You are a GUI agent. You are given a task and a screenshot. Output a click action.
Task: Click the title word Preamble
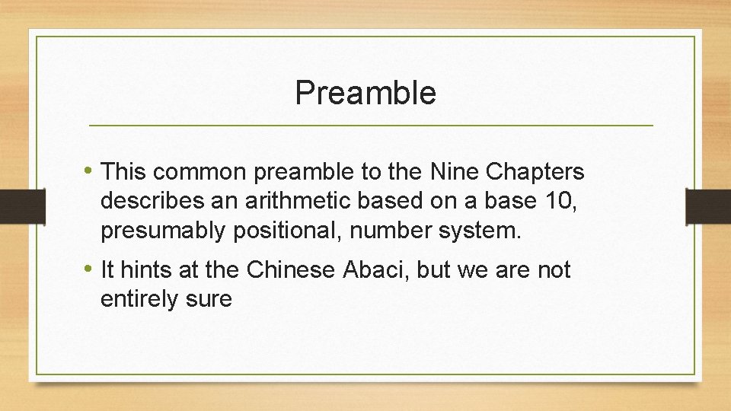pyautogui.click(x=365, y=93)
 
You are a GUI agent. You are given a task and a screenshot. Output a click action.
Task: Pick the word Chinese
pyautogui.click(x=289, y=269)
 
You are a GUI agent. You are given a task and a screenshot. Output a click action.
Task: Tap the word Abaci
pyautogui.click(x=371, y=269)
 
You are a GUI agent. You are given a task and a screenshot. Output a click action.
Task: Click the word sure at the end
pyautogui.click(x=208, y=298)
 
